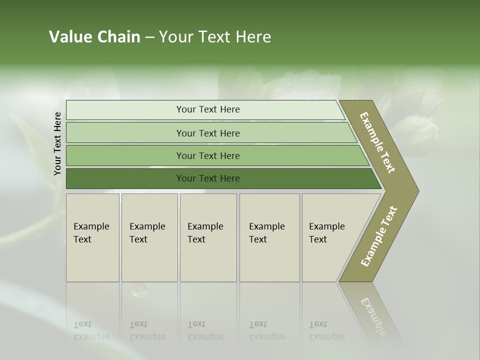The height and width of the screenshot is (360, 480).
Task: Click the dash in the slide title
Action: pos(149,37)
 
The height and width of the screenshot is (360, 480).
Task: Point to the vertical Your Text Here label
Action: pos(57,143)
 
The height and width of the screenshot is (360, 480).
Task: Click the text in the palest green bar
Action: pos(208,109)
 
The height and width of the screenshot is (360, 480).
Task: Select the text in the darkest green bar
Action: pos(208,178)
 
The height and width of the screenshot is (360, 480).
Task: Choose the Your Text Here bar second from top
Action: pos(208,133)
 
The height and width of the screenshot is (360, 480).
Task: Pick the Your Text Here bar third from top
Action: pos(208,156)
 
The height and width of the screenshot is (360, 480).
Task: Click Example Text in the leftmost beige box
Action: pos(91,233)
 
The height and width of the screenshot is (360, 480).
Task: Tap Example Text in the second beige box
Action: pos(147,233)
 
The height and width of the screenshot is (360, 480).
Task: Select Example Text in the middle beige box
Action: pos(205,233)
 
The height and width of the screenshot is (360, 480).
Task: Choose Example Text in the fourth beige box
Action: pos(266,233)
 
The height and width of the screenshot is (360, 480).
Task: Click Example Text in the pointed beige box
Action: pos(326,233)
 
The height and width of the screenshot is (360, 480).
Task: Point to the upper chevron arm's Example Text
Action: pos(377,142)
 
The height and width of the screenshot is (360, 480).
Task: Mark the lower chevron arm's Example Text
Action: pos(379,236)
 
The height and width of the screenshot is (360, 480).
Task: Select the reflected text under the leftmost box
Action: pos(91,331)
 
